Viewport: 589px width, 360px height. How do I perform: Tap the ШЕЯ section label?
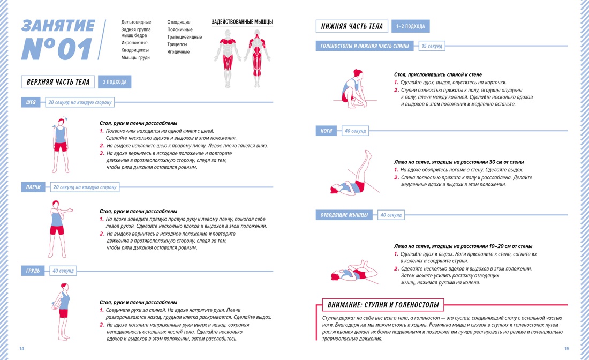click(x=31, y=102)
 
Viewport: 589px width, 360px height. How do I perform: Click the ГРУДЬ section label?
click(x=33, y=271)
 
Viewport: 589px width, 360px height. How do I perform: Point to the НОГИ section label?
click(x=327, y=131)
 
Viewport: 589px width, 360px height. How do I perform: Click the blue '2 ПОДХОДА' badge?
click(x=115, y=82)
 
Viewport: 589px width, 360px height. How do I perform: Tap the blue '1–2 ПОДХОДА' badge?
click(x=411, y=26)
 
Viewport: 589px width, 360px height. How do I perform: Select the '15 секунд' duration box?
click(x=432, y=47)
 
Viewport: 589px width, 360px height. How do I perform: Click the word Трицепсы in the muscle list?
click(x=177, y=44)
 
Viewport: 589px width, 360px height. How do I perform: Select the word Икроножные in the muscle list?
click(x=134, y=43)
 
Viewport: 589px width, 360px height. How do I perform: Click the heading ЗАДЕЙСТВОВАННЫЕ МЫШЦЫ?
click(x=242, y=22)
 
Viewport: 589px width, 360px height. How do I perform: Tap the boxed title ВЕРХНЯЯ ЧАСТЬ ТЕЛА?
click(x=58, y=82)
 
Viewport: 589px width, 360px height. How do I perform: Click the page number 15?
click(x=567, y=349)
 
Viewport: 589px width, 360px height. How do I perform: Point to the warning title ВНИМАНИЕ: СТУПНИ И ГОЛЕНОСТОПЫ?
click(x=382, y=305)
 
